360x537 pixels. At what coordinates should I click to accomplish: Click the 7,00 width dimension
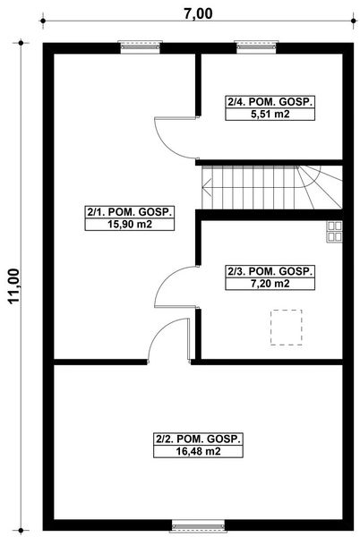click(x=199, y=13)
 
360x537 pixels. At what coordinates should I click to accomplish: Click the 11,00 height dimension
click(x=13, y=286)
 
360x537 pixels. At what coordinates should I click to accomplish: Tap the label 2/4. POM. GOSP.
click(x=270, y=103)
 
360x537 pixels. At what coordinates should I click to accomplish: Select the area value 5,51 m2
click(x=270, y=115)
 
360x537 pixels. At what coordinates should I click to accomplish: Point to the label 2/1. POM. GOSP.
click(x=129, y=212)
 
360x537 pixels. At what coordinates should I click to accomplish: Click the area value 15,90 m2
click(x=129, y=225)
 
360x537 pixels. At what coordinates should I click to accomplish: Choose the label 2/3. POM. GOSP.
click(x=270, y=271)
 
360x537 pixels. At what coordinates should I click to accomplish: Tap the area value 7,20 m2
click(x=270, y=284)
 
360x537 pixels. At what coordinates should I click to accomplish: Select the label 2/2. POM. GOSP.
click(x=199, y=439)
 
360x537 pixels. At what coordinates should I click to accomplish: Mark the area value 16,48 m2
click(x=199, y=452)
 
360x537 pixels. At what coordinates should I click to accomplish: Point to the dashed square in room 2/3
click(x=287, y=326)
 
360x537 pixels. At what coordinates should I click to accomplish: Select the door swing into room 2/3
click(x=175, y=286)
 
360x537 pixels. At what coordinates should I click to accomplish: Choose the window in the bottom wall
click(x=192, y=526)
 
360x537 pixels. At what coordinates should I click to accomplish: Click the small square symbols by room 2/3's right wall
click(x=334, y=232)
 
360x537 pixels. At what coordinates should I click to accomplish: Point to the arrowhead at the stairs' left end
click(x=207, y=188)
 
